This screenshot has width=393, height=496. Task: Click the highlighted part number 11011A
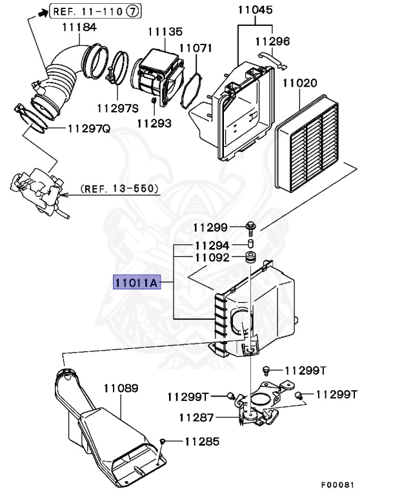pos(137,282)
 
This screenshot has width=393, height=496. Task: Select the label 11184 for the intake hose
pos(79,27)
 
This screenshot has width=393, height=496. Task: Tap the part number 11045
pos(255,10)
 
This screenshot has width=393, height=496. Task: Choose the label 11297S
pos(118,108)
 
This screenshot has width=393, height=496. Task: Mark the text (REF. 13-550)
pos(120,189)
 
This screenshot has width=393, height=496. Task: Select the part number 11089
pos(121,389)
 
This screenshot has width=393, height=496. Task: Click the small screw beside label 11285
pos(164,440)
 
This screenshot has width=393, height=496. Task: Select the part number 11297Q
pos(88,128)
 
